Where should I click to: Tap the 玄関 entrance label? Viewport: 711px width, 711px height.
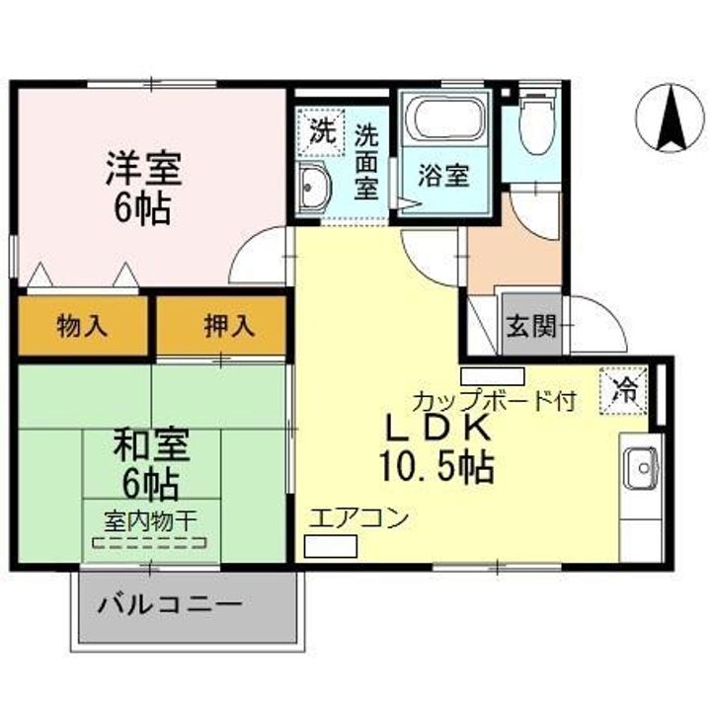click(530, 325)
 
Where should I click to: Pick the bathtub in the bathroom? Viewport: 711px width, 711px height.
click(447, 121)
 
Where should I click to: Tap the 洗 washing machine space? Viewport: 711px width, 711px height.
click(320, 129)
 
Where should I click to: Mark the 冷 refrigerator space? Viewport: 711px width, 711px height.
click(625, 385)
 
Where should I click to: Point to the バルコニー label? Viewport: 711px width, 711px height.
click(169, 602)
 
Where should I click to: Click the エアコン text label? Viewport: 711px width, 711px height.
click(358, 518)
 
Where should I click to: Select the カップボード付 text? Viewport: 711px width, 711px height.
click(494, 402)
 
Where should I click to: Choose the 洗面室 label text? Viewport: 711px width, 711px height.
click(366, 161)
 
